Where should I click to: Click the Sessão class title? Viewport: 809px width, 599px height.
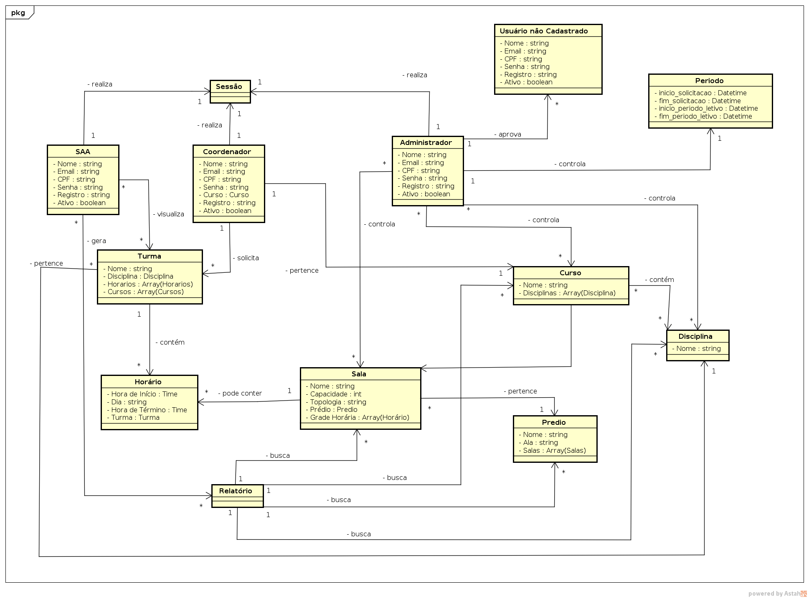click(x=229, y=86)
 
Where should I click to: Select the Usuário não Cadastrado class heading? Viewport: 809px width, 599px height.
click(x=543, y=31)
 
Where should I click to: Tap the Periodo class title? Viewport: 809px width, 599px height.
click(x=709, y=81)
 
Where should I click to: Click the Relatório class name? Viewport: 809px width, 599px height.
click(x=236, y=491)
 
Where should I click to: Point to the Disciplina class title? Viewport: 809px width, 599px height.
click(x=695, y=336)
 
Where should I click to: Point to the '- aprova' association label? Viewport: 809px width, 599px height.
click(x=507, y=135)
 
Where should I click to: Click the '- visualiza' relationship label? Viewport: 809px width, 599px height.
click(x=168, y=214)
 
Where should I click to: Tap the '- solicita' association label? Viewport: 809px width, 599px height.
click(x=246, y=258)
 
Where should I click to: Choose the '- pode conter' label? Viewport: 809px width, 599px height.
click(x=240, y=393)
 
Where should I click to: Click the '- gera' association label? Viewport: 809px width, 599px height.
click(x=96, y=241)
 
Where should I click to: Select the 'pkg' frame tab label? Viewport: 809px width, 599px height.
click(x=18, y=13)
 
